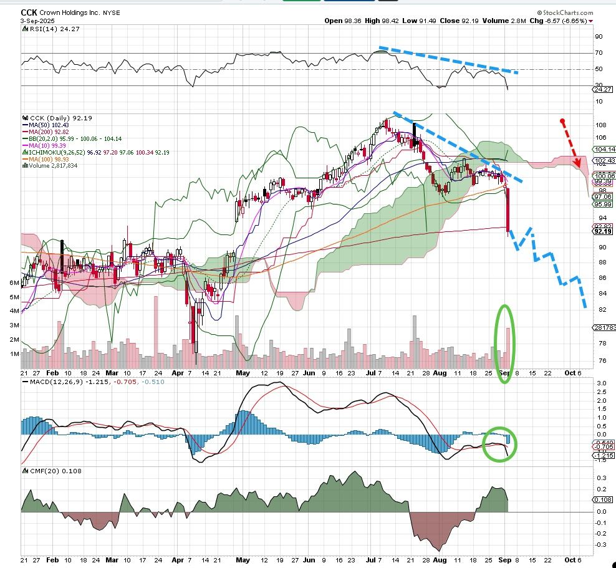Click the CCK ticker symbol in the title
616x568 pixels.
point(28,12)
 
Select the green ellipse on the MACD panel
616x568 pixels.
point(501,443)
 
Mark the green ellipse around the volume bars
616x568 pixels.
point(506,344)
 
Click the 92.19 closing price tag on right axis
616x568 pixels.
point(602,231)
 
